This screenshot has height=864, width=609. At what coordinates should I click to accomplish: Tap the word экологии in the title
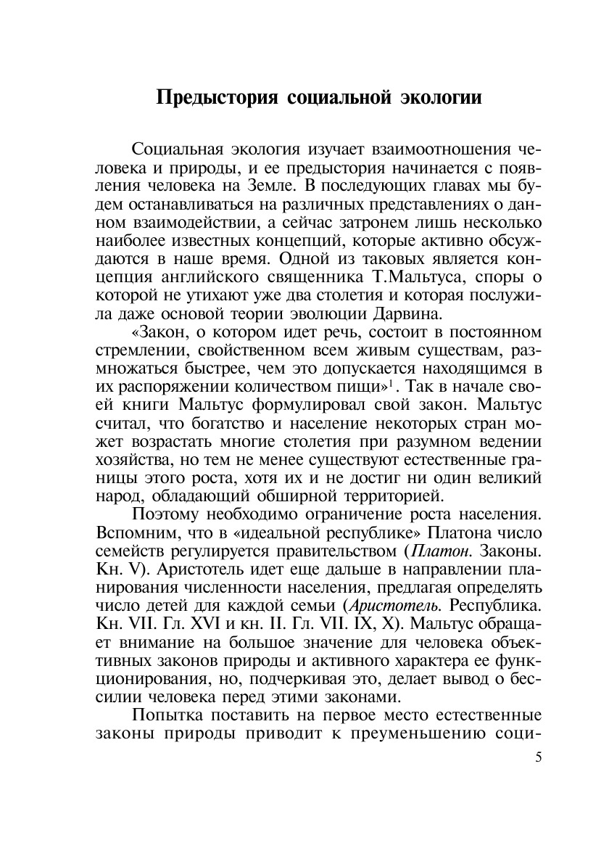pyautogui.click(x=439, y=97)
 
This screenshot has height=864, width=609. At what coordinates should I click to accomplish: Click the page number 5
pyautogui.click(x=537, y=758)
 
